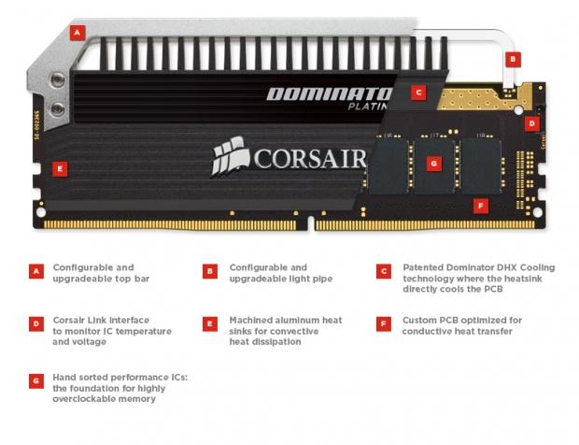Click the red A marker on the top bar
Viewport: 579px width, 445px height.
78,33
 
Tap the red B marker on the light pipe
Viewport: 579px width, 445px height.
513,60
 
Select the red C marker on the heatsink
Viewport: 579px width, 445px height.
418,93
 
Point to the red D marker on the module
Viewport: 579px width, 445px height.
532,123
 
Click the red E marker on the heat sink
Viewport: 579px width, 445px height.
60,169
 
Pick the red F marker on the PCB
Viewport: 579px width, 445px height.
481,206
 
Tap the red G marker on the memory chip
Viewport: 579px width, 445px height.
434,164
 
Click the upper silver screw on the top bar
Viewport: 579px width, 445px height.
57,79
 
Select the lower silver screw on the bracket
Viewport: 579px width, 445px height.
57,109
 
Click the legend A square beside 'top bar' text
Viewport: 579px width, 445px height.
36,271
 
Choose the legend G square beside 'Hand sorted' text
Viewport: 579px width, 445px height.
36,381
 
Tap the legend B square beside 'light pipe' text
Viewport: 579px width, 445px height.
210,271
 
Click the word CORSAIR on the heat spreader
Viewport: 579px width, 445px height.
309,159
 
